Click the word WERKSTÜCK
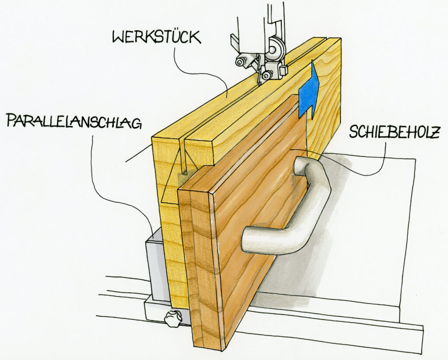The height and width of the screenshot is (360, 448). [157, 38]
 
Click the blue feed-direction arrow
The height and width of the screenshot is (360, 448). [308, 90]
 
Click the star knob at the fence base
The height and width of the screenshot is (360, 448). [172, 319]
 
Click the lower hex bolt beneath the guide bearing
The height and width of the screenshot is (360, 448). [266, 75]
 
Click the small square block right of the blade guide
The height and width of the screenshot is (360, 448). [283, 70]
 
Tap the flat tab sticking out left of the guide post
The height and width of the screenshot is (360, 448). [234, 42]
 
